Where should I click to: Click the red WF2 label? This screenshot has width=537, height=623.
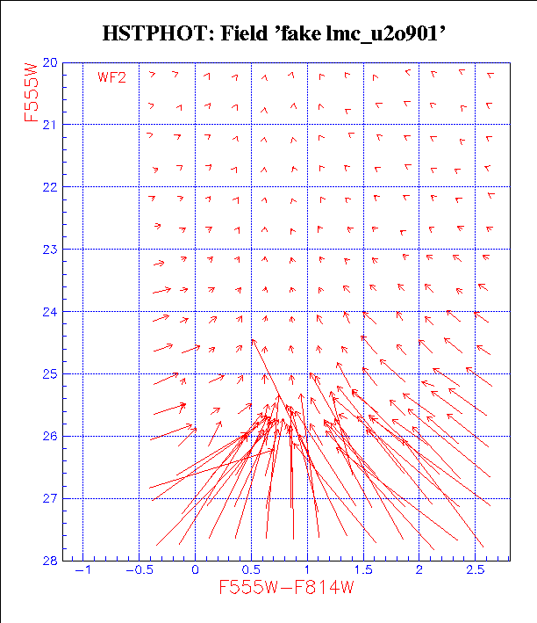pos(112,77)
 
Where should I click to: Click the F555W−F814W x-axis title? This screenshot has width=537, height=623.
pos(286,588)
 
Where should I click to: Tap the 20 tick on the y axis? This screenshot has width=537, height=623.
pos(50,62)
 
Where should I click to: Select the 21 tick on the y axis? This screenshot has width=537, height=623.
pos(50,125)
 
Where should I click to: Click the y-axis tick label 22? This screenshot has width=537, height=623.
pos(50,187)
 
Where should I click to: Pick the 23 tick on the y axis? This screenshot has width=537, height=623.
pos(50,250)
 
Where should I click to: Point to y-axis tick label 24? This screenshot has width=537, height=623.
pos(50,311)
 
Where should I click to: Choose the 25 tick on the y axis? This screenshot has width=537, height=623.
pos(50,373)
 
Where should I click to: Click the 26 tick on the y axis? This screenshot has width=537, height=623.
pos(50,436)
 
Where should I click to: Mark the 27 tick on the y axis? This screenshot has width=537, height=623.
pos(50,498)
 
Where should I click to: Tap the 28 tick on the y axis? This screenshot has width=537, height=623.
pos(50,560)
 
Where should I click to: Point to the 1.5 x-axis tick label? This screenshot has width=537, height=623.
pos(363,571)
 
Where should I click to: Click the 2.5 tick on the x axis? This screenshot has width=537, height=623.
pos(476,571)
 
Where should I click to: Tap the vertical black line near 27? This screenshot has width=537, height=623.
pos(292,488)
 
